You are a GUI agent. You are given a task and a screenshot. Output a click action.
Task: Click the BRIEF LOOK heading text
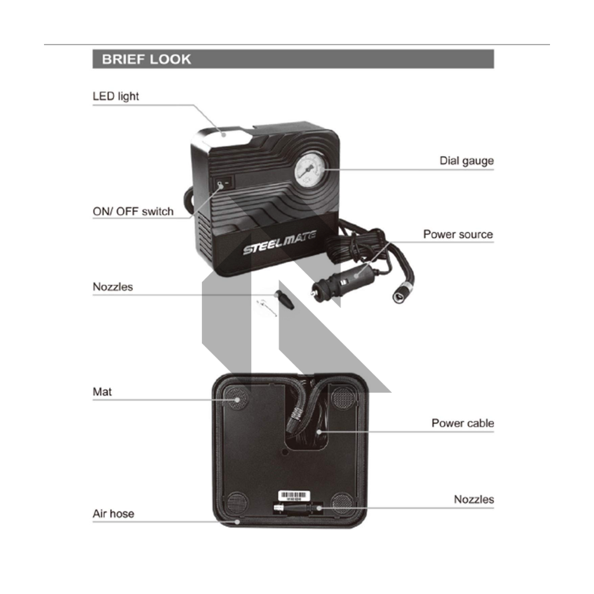146,60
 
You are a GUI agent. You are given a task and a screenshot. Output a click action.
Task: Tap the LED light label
116,96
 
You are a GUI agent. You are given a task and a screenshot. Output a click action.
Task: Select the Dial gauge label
466,161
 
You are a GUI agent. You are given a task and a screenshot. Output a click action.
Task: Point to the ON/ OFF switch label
133,211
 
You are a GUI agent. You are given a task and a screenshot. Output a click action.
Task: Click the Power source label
458,234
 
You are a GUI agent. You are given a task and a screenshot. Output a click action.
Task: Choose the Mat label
102,392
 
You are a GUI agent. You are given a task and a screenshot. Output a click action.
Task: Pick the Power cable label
462,423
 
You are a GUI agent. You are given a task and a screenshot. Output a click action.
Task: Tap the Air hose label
113,514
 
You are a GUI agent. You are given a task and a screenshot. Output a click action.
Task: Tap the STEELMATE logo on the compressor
280,242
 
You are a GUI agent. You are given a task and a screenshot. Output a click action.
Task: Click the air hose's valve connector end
400,293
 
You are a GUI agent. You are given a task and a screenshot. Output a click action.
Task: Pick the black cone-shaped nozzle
284,300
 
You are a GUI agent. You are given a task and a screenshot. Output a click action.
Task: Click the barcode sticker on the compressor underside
294,496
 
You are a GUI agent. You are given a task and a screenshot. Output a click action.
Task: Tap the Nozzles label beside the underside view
474,499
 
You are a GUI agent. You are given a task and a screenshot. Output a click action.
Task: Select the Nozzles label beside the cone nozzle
113,287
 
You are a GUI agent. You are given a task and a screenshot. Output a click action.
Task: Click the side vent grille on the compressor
203,235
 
